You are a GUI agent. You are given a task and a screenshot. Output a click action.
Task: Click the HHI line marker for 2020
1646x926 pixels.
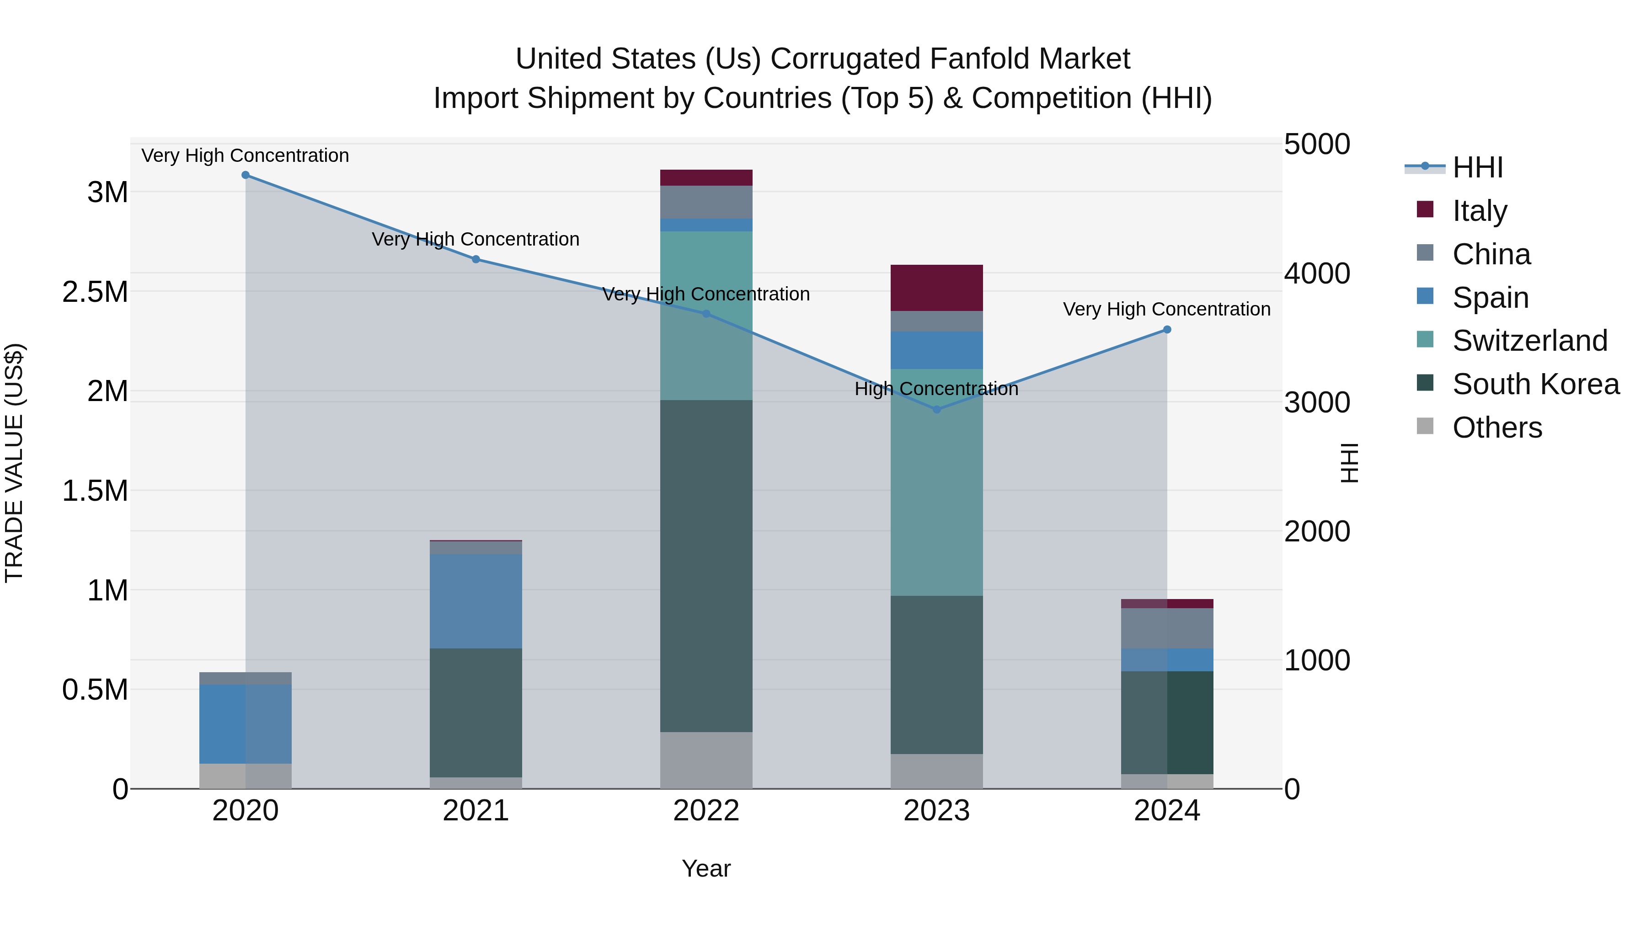tap(246, 175)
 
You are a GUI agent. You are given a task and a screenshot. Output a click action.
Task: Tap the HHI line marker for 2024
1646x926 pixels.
tap(1167, 330)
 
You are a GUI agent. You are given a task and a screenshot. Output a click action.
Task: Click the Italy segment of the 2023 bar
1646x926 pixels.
tap(937, 288)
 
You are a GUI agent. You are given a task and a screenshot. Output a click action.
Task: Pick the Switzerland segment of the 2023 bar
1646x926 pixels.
tap(937, 482)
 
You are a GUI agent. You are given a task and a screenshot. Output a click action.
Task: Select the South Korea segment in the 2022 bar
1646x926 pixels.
tap(706, 566)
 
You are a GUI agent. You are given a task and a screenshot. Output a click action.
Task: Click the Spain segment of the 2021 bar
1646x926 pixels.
tap(476, 601)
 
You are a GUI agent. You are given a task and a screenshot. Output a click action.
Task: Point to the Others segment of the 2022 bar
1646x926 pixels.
tap(706, 760)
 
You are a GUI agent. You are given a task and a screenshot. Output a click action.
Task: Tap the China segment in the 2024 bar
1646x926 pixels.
tap(1167, 628)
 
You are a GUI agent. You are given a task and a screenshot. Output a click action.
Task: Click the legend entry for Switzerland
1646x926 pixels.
tap(1529, 341)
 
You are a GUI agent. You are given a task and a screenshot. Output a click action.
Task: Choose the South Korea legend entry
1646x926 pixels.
tap(1535, 384)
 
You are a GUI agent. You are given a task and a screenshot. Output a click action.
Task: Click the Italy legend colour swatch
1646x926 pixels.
tap(1425, 209)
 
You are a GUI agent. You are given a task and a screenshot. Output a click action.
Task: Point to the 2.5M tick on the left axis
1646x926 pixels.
tap(95, 292)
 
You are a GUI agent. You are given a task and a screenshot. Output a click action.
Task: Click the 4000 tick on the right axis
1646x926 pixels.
tap(1317, 273)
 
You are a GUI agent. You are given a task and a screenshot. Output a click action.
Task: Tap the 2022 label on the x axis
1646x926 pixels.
tap(706, 811)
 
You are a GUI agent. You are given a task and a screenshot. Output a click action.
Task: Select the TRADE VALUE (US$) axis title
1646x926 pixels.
tap(14, 463)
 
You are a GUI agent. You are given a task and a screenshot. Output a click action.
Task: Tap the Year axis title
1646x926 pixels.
tap(706, 868)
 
